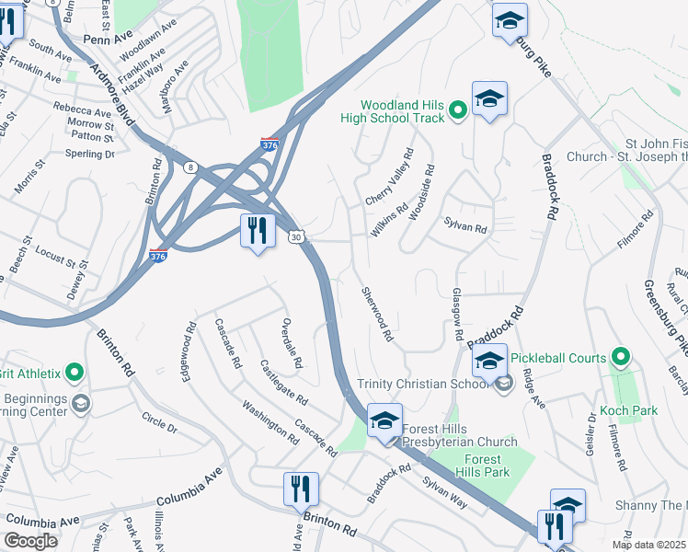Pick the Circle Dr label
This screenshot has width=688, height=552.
coord(159,422)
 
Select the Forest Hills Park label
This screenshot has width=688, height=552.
coord(482,466)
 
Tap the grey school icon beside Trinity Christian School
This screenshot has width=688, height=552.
coord(503,385)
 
